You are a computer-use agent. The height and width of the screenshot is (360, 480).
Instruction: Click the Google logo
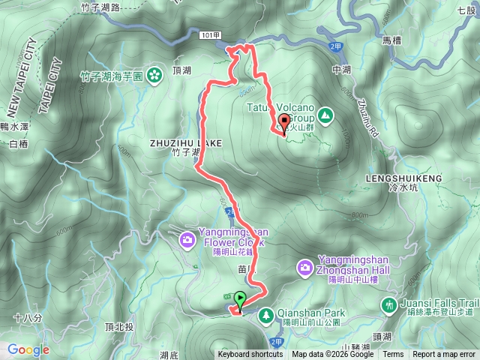pos(28,349)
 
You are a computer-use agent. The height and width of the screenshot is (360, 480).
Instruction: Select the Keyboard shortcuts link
pos(250,355)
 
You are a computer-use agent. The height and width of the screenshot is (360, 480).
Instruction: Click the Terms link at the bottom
pos(393,355)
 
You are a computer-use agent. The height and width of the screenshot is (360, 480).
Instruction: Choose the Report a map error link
pos(445,355)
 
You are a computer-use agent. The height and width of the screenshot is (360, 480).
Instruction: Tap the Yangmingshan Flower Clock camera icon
pos(187,240)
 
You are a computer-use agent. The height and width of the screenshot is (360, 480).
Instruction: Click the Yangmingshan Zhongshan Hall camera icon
pos(305,266)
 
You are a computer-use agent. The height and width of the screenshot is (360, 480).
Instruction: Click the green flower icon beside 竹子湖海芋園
pos(154,75)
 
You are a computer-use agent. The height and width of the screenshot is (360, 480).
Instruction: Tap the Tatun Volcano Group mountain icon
pos(325,115)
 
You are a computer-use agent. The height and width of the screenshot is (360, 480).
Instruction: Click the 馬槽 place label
pos(393,40)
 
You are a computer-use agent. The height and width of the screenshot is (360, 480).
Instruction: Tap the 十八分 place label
pos(26,318)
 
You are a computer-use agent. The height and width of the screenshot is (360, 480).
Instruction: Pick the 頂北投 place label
pos(119,327)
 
